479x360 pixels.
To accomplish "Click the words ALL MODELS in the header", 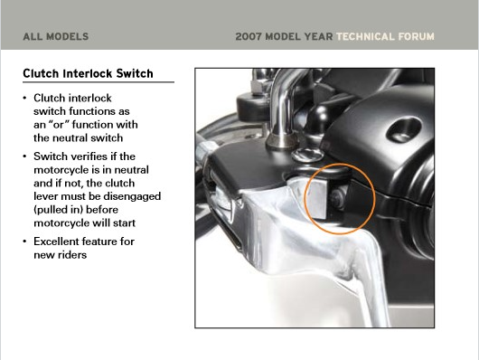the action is [56, 37].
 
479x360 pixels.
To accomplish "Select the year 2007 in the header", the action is [249, 37].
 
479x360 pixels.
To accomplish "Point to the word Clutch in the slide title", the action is [41, 73].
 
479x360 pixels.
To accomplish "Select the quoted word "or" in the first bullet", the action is [58, 125].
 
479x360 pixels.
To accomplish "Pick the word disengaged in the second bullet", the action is [132, 196].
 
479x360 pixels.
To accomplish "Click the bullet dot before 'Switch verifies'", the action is [24, 156].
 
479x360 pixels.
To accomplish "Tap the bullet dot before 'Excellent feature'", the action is [24, 242].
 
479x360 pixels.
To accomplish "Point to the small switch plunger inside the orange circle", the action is [337, 199].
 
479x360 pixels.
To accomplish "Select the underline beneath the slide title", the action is [99, 82].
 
